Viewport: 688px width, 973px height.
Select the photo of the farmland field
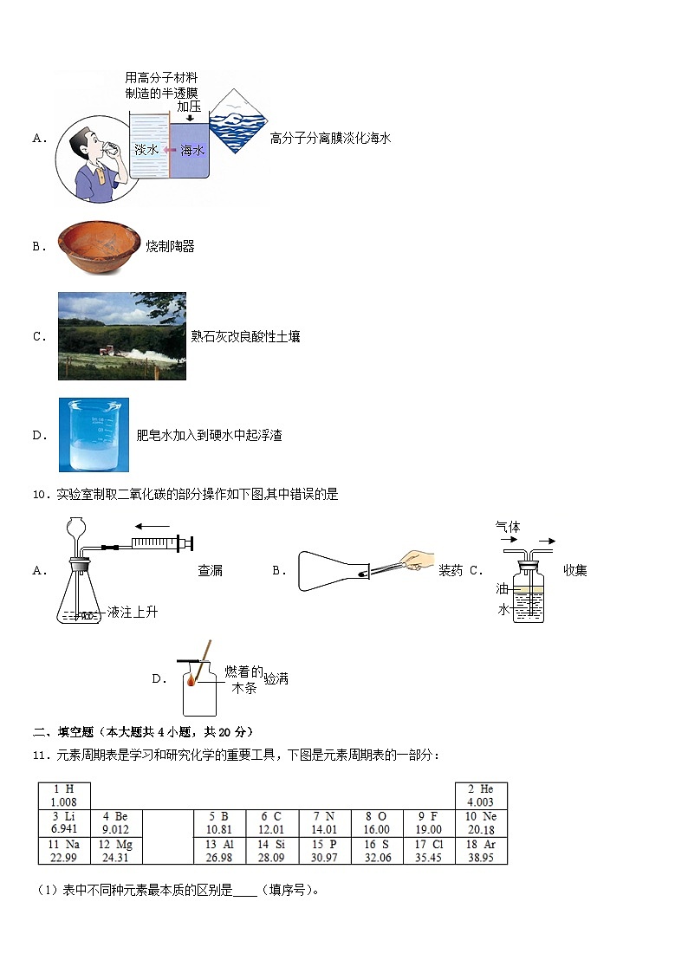coord(121,335)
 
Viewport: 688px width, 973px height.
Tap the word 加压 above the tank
coord(189,107)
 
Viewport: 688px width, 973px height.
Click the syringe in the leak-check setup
coord(160,543)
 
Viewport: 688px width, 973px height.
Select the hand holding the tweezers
coord(419,560)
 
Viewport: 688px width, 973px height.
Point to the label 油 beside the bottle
coord(502,588)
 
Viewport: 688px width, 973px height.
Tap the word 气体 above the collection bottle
coord(508,526)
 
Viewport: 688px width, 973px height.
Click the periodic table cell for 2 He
coord(481,795)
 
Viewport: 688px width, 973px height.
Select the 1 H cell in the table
coord(64,795)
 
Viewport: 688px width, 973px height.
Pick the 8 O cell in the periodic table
coord(376,822)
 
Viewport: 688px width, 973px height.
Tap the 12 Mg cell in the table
coord(115,850)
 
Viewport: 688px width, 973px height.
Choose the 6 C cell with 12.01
coord(272,822)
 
